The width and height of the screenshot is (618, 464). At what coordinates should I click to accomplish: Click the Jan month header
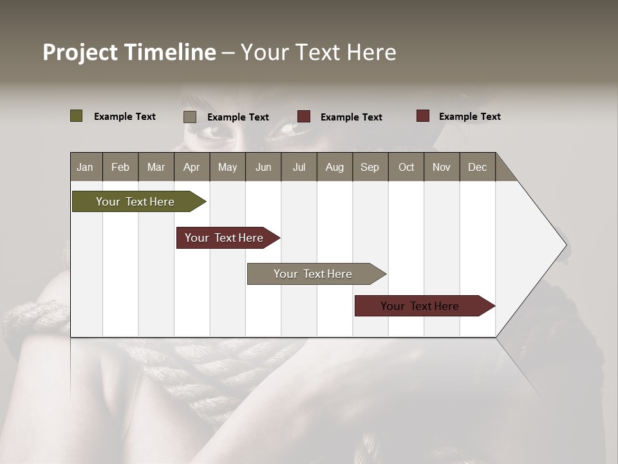85,167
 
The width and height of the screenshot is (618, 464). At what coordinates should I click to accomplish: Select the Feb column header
120,167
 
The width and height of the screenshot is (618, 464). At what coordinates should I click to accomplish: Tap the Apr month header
191,167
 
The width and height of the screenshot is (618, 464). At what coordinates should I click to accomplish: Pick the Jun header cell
263,167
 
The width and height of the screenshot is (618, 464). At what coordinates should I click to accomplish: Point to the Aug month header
334,167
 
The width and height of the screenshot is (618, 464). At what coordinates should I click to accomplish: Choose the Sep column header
370,167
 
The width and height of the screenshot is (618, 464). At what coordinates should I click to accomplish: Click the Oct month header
406,167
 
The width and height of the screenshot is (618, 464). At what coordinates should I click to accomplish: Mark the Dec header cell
477,167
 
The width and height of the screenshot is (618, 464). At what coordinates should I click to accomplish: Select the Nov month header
442,167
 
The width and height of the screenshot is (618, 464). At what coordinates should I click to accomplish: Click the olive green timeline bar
135,202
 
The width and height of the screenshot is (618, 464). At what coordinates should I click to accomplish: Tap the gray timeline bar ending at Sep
313,274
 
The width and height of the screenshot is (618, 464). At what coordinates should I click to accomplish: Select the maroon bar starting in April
224,238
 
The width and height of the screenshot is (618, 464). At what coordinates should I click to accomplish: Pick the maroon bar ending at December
420,306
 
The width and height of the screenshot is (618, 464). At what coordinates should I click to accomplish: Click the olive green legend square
77,116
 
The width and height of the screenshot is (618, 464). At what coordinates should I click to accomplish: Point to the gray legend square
190,117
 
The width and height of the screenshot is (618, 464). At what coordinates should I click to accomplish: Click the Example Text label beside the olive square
125,116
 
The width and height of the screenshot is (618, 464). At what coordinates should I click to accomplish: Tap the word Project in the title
80,52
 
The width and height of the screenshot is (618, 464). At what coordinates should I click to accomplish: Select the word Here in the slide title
371,52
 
